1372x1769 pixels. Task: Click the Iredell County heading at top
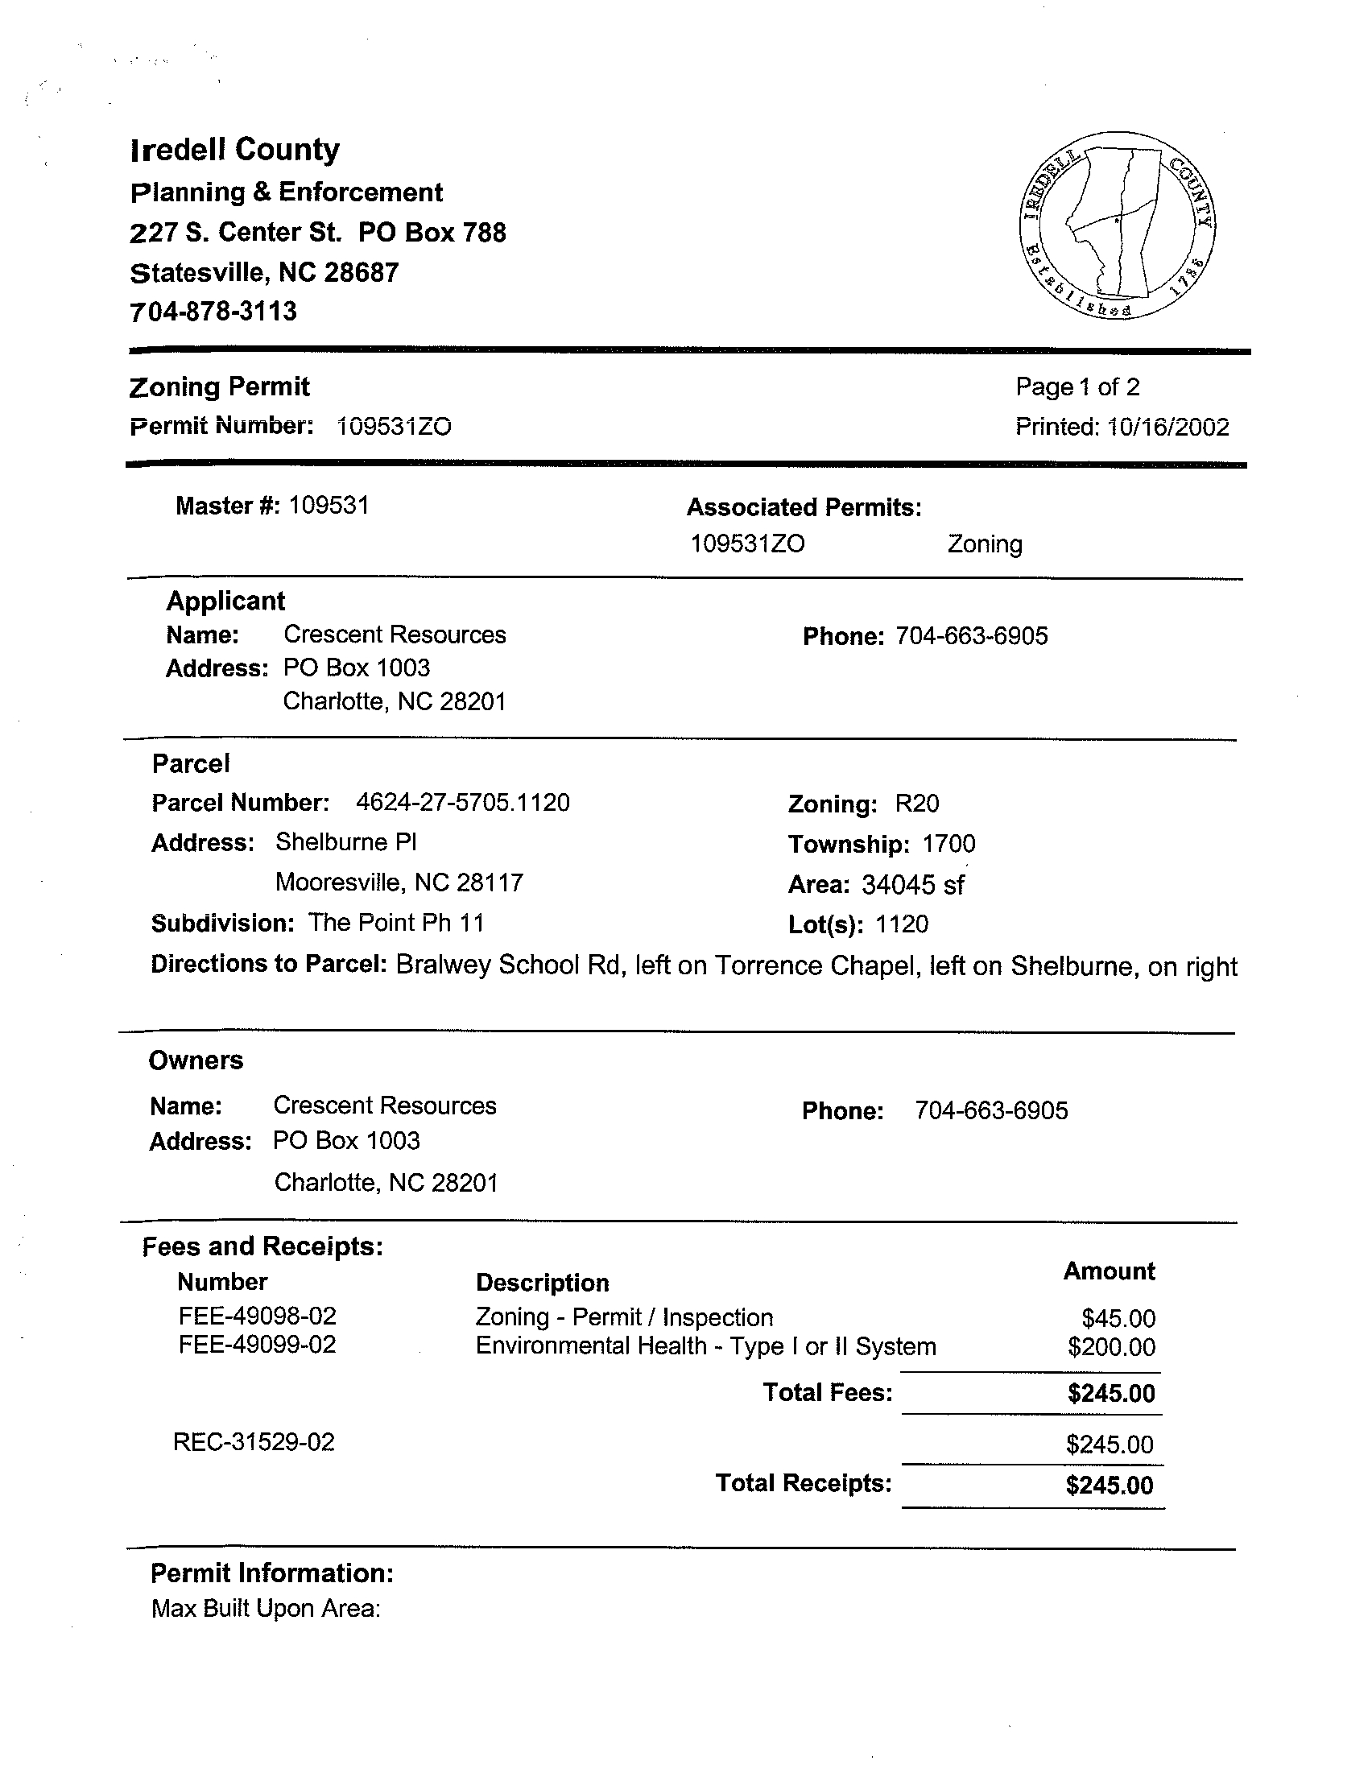(x=235, y=150)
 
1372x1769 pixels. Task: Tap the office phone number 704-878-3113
(x=214, y=312)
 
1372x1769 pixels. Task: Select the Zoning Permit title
(x=220, y=386)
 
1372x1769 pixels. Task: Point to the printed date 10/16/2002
(x=1168, y=427)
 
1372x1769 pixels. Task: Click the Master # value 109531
(x=329, y=506)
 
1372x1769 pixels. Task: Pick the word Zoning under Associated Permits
(x=985, y=544)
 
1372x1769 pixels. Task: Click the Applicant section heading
(x=225, y=601)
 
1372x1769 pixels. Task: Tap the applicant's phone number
(x=971, y=636)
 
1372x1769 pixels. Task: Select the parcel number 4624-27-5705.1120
(x=462, y=803)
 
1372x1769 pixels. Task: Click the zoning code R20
(x=917, y=804)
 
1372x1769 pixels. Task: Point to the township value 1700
(x=948, y=844)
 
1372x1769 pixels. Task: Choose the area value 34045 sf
(x=912, y=884)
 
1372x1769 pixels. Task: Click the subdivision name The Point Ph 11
(x=396, y=923)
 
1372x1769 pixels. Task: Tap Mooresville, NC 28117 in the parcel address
(x=399, y=882)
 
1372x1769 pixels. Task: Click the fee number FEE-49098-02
(x=257, y=1316)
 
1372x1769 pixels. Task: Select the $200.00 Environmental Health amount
(x=1111, y=1347)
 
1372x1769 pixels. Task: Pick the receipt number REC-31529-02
(x=254, y=1443)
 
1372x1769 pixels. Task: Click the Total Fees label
(x=827, y=1392)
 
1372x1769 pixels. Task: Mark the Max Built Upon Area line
(x=266, y=1608)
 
